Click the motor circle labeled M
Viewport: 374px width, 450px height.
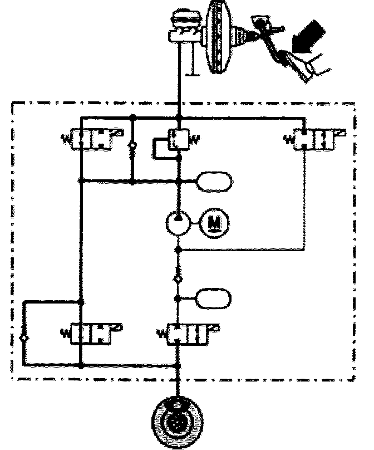pyautogui.click(x=214, y=223)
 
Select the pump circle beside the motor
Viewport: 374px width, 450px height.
pyautogui.click(x=178, y=224)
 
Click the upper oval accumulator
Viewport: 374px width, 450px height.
pyautogui.click(x=214, y=181)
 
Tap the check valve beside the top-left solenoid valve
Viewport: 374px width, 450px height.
pyautogui.click(x=132, y=149)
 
